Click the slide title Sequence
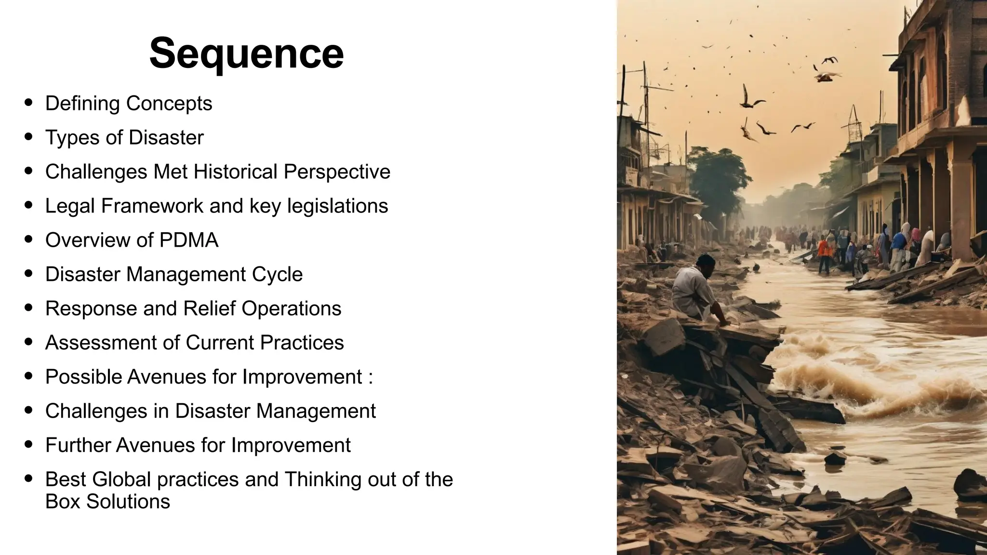coord(246,53)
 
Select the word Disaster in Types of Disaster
coord(166,138)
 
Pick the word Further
coord(78,446)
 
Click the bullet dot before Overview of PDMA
coord(28,239)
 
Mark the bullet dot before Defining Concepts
coord(28,102)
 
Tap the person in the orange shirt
coord(825,253)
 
